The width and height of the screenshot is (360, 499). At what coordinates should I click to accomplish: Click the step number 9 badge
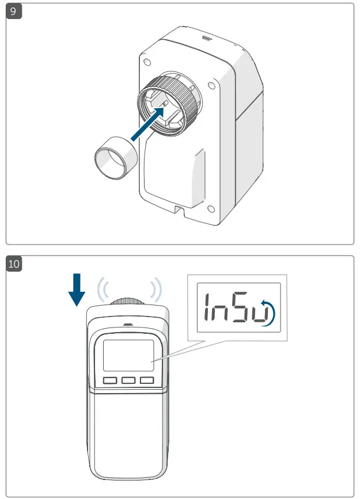(14, 11)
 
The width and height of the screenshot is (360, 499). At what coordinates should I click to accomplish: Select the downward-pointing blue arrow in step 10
(77, 291)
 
